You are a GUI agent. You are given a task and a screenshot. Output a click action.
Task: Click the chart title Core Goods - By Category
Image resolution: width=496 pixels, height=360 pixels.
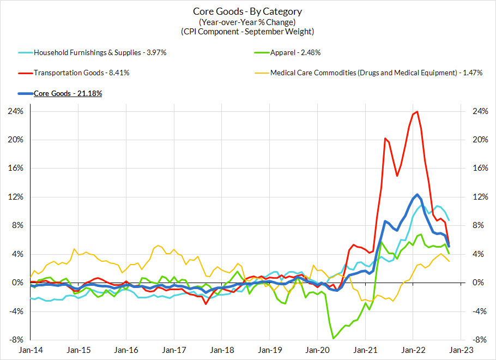(247, 11)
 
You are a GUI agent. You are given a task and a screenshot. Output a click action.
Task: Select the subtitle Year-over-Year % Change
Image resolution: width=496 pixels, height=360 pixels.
(247, 22)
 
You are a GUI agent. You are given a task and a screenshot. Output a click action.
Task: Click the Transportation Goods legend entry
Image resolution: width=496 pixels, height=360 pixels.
(82, 73)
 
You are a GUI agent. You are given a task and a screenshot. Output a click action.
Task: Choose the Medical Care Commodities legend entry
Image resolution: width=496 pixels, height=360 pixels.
(377, 73)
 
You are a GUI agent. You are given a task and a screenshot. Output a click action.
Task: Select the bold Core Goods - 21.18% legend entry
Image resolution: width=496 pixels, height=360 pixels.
(68, 93)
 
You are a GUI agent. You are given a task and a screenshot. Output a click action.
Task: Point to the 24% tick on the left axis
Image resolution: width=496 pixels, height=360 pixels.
(15, 111)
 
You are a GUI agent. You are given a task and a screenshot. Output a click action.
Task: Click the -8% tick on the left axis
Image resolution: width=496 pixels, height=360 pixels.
(15, 339)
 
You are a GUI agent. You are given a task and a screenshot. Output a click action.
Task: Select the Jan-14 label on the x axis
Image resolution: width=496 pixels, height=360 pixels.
(31, 350)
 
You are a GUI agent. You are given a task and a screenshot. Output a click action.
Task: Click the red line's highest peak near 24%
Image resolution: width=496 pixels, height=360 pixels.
(417, 112)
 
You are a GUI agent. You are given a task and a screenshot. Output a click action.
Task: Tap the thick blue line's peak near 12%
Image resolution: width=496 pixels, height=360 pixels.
(417, 194)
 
